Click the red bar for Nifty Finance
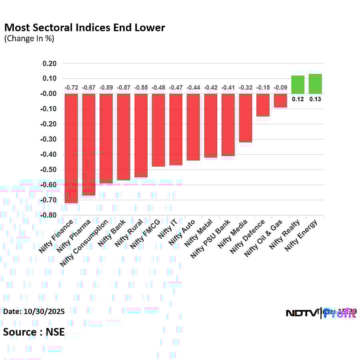point(71,148)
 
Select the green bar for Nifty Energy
point(315,84)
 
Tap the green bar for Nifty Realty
point(298,85)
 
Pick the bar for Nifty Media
point(246,118)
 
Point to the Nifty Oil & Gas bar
point(280,101)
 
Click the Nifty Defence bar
point(263,105)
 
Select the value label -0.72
point(71,88)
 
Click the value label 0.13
point(315,99)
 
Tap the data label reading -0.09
point(280,88)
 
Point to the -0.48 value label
point(158,88)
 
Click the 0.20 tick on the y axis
point(50,64)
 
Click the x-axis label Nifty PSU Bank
point(211,238)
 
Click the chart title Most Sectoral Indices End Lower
point(84,28)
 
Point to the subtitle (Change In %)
point(29,39)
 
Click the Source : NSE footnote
point(34,332)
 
